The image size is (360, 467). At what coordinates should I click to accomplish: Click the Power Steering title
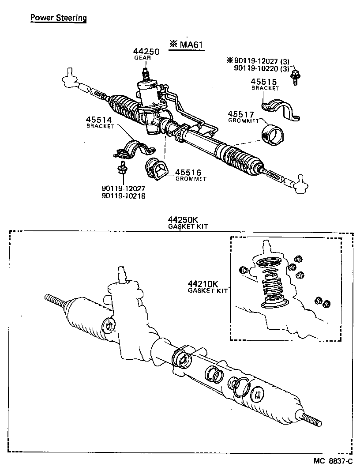[58, 18]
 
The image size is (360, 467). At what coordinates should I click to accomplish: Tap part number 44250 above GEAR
[146, 52]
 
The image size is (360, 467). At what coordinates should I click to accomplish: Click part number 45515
[263, 82]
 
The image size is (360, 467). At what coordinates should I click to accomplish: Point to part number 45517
[240, 114]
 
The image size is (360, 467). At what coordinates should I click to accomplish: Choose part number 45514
[99, 120]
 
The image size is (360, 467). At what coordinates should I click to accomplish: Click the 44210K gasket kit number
[202, 284]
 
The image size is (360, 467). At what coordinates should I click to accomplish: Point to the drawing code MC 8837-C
[333, 461]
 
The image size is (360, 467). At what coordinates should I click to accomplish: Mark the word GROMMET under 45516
[191, 179]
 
